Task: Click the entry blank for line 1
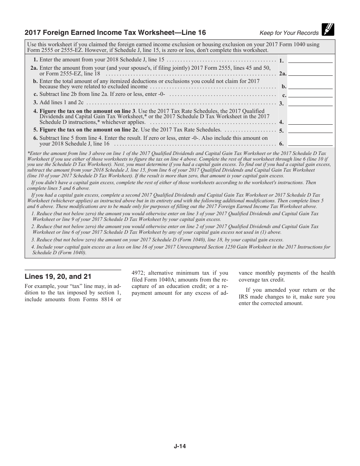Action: pos(310,59)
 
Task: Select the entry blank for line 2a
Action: pos(310,72)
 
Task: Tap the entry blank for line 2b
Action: pos(310,86)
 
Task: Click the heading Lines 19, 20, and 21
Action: pos(58,277)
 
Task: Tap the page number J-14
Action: pos(180,446)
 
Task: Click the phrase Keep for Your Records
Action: pos(289,33)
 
